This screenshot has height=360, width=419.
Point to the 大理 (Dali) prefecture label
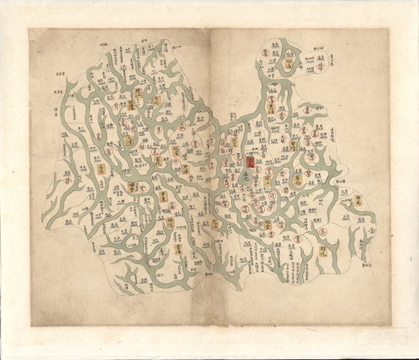click(x=131, y=138)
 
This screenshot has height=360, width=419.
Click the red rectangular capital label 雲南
click(x=251, y=162)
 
